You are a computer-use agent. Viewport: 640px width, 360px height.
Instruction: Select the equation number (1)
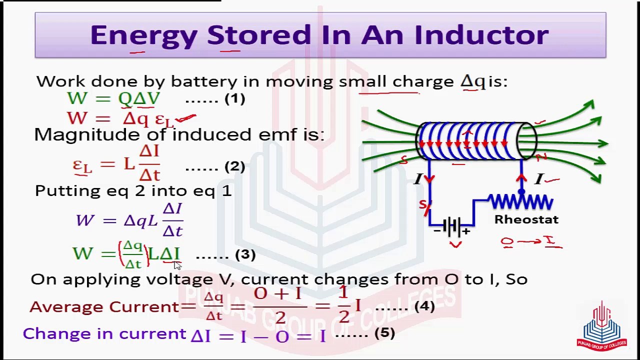[x=234, y=98]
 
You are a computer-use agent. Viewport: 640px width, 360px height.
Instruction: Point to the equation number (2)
[x=234, y=166]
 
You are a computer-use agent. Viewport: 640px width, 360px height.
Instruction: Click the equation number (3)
[x=245, y=254]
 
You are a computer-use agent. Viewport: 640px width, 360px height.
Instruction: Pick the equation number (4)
[x=424, y=305]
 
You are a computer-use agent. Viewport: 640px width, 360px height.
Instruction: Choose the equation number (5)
[x=384, y=333]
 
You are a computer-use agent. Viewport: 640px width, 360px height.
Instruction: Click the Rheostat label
[x=526, y=219]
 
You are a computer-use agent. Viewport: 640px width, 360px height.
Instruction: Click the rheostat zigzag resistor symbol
[x=520, y=202]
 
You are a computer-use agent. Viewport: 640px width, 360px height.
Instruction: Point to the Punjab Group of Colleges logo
[x=601, y=326]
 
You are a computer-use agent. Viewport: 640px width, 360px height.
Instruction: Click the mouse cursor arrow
[x=177, y=265]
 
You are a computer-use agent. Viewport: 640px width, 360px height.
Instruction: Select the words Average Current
[x=104, y=306]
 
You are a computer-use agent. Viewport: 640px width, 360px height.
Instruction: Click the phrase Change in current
[x=104, y=333]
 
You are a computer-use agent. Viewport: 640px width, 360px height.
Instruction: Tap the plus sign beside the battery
[x=466, y=231]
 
